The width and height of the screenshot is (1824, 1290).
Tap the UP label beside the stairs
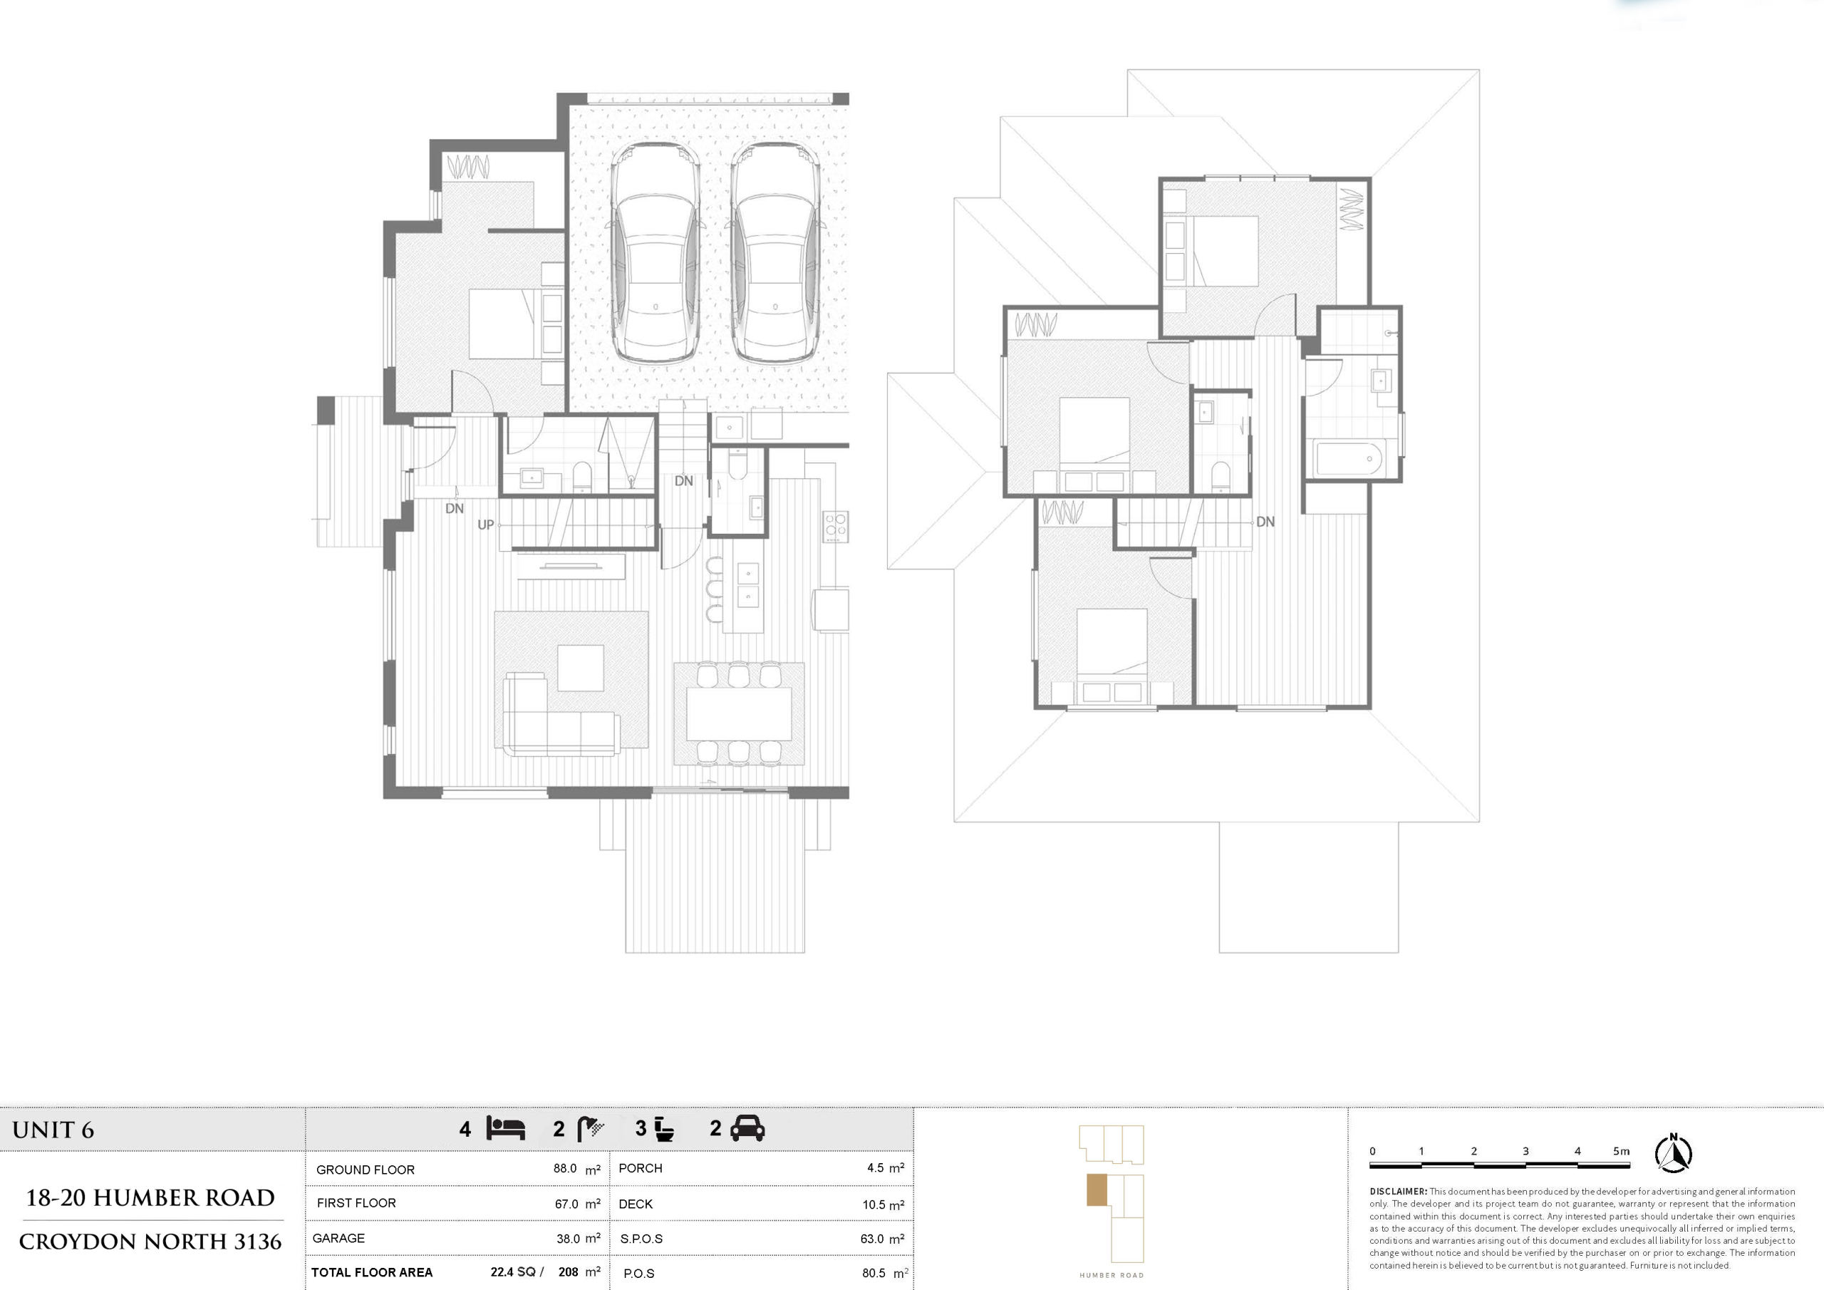click(x=485, y=525)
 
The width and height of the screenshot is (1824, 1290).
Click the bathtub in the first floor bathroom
click(x=1349, y=458)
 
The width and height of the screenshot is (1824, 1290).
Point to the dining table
click(x=739, y=713)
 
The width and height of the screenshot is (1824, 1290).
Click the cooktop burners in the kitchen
click(x=835, y=526)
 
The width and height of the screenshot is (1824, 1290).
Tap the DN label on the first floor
click(x=1265, y=522)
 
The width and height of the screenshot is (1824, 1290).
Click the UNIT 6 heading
click(x=53, y=1130)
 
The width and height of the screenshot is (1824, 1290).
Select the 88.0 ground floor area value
click(x=565, y=1168)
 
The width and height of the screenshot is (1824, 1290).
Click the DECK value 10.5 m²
click(x=883, y=1205)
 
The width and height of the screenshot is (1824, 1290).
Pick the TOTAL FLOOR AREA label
click(x=372, y=1271)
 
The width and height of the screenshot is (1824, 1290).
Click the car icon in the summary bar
click(x=747, y=1128)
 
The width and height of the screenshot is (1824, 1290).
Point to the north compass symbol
click(x=1673, y=1153)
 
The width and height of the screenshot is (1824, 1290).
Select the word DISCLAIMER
click(x=1398, y=1192)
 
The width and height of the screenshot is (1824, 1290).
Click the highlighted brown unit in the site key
click(x=1097, y=1190)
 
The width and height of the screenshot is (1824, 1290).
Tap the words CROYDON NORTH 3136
click(x=150, y=1242)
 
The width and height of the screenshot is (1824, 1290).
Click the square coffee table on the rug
click(x=580, y=668)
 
